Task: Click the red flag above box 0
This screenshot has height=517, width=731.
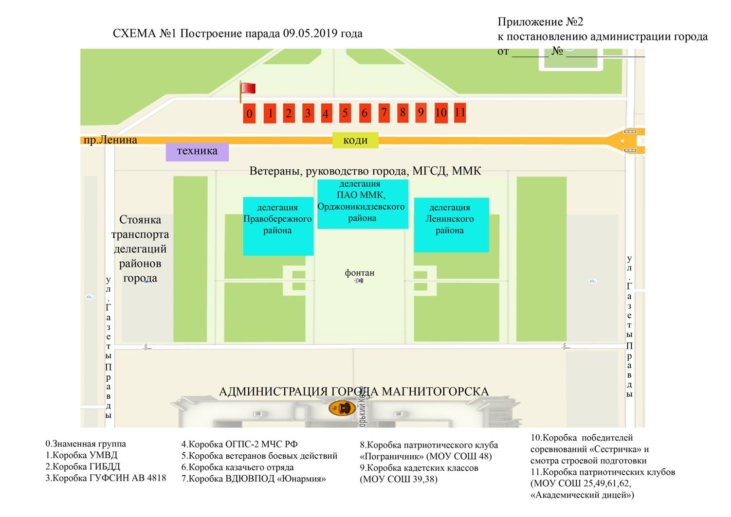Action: coord(248,89)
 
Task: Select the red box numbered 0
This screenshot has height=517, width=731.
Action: coord(249,113)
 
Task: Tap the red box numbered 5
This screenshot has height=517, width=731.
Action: coord(345,113)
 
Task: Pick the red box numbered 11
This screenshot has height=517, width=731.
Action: coord(460,112)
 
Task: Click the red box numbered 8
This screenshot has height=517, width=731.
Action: coord(402,112)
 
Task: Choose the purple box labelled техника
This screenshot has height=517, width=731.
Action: coord(197,151)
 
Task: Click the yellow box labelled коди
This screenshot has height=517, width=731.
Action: coord(355,140)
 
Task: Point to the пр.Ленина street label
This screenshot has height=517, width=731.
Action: coord(110,140)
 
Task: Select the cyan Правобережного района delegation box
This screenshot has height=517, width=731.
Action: coord(278,226)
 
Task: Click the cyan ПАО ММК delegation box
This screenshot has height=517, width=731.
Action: coord(363,204)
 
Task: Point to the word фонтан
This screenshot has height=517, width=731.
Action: coord(360,273)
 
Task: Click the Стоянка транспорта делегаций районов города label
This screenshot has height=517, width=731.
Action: coord(140,249)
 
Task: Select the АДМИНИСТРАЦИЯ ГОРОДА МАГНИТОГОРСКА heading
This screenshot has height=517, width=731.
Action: coord(353,392)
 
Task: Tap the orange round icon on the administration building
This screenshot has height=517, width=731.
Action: coord(342,408)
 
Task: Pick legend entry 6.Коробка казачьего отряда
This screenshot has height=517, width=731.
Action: coord(238,467)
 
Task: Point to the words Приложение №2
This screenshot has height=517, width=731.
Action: coord(540,22)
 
